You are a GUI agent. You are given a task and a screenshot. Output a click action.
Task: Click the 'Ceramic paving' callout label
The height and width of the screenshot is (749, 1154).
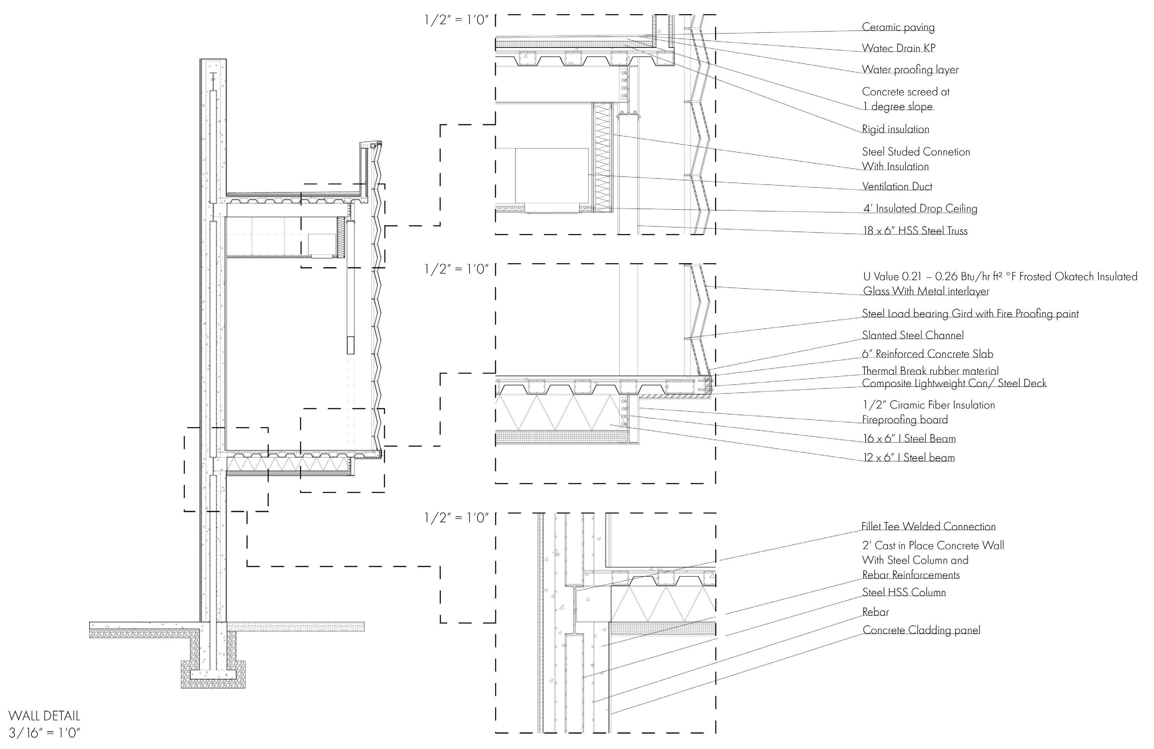(898, 27)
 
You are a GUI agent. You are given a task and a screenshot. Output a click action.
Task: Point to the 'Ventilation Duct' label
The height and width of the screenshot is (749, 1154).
(897, 186)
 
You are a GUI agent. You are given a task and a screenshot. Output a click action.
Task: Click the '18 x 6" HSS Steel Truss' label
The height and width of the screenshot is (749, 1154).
(915, 231)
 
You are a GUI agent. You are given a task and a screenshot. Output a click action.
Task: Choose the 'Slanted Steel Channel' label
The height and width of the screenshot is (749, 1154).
(912, 335)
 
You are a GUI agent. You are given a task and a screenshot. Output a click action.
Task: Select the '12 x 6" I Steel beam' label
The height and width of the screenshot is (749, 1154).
(909, 457)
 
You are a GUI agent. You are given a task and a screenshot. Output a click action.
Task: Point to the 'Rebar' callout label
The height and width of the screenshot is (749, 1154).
(875, 612)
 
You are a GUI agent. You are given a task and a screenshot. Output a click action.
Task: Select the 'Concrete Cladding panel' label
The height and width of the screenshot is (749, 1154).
(921, 630)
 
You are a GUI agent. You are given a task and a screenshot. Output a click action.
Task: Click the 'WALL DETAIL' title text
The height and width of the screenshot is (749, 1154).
(44, 716)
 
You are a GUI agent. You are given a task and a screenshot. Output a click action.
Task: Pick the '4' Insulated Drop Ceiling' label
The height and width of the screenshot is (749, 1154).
(920, 208)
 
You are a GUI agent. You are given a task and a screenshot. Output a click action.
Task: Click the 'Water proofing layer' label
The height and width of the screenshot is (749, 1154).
(910, 69)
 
